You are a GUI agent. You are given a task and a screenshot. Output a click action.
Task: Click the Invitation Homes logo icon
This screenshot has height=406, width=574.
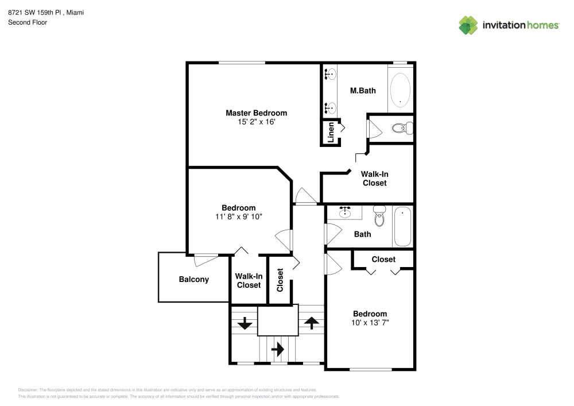468,25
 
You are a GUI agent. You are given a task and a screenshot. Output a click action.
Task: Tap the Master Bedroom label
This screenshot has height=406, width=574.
256,113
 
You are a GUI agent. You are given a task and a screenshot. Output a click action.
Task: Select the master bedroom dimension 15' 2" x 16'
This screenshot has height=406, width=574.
256,122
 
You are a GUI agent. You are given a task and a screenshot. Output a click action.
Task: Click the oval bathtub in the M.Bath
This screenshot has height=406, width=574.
400,90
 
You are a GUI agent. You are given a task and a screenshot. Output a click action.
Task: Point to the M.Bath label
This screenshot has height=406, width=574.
363,91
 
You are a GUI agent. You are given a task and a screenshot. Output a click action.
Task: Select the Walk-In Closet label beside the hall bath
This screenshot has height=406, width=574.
374,178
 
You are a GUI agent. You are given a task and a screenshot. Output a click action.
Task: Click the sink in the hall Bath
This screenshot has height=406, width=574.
345,213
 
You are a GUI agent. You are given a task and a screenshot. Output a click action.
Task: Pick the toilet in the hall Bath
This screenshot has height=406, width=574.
379,217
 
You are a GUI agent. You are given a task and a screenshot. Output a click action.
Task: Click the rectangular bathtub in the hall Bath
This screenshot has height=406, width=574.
402,226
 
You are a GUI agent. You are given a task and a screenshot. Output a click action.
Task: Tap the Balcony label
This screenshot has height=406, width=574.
194,280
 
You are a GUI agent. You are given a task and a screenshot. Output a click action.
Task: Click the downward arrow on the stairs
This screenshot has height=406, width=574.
245,323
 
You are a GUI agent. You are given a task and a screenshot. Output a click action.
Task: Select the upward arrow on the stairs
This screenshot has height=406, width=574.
311,323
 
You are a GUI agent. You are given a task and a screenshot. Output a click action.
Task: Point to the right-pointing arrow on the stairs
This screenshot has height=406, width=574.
278,349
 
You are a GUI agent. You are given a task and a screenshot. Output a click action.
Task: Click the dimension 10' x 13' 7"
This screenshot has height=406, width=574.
370,323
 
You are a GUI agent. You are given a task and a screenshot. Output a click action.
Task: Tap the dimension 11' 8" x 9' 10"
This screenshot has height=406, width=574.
239,216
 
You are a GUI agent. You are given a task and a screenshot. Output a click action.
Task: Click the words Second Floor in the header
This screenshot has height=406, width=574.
28,22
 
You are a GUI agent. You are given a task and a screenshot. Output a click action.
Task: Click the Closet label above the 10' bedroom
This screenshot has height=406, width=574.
383,260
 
